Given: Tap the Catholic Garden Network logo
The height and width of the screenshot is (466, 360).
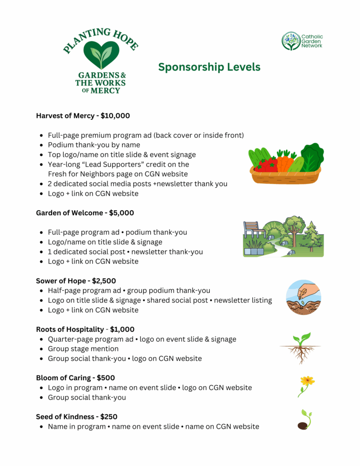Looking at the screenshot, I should point(302,41).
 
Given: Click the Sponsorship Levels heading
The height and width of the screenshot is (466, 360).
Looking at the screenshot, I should point(209,67).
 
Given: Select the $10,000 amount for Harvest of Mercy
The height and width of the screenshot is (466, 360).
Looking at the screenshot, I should point(115,116).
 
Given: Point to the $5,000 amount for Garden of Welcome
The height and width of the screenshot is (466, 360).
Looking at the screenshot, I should point(122,213).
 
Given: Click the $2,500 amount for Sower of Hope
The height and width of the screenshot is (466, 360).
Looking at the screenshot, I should point(110,281).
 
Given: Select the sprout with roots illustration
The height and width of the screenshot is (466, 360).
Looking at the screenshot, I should point(300,348).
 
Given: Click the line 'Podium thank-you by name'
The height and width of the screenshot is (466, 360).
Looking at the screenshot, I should point(94,145).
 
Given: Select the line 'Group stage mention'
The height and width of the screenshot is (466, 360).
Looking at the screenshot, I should point(83,349).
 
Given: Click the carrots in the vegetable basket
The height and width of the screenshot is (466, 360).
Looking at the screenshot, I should point(285,162).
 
